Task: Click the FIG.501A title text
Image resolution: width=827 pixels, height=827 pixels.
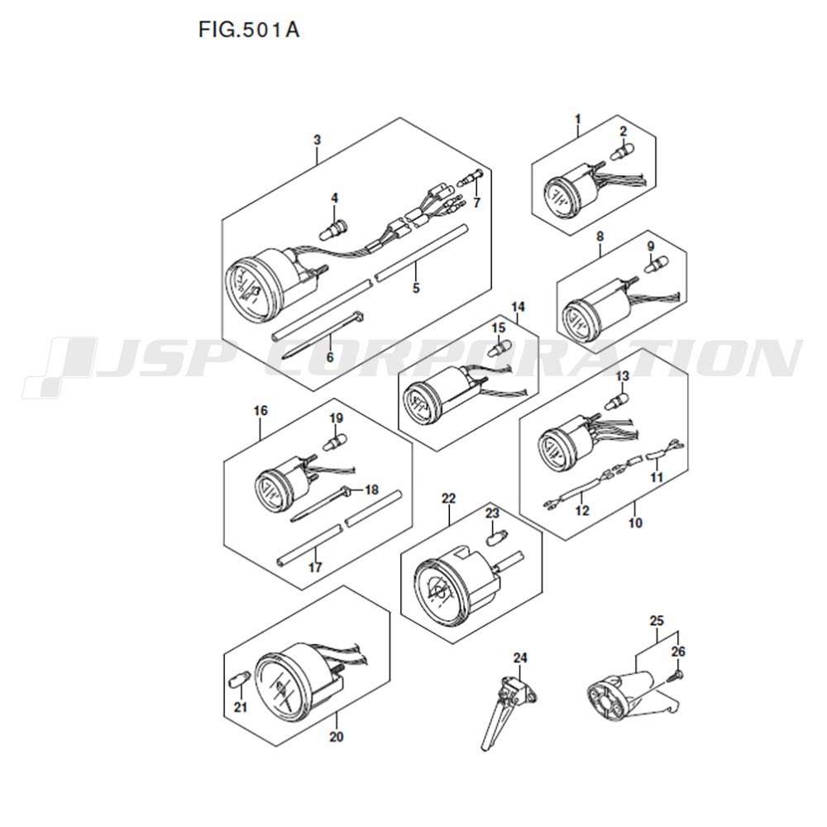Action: (x=248, y=30)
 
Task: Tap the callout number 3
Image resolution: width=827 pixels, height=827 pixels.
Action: (x=317, y=141)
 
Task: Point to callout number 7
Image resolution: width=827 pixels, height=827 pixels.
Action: (x=477, y=203)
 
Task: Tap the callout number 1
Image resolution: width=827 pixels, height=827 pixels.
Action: (x=578, y=119)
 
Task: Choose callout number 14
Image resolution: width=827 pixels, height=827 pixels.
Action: (x=519, y=307)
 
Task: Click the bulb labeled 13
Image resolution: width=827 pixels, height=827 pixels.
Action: (x=616, y=402)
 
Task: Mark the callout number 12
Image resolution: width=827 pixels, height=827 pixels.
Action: (x=581, y=510)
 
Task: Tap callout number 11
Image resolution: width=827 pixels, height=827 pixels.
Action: (x=656, y=477)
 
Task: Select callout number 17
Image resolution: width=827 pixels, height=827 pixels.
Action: (x=315, y=567)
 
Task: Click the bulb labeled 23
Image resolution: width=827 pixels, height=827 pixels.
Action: (x=495, y=540)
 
